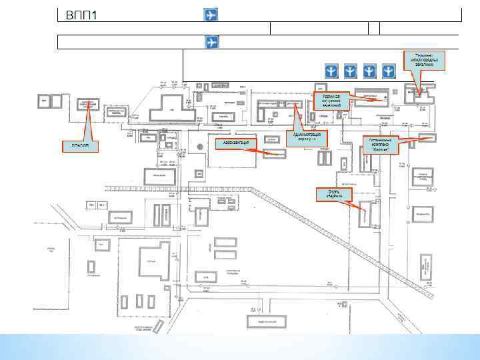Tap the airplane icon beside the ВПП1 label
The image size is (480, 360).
210,15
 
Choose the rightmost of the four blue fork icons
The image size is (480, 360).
389,71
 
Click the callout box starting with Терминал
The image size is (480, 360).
331,101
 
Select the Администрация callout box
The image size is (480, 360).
307,137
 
